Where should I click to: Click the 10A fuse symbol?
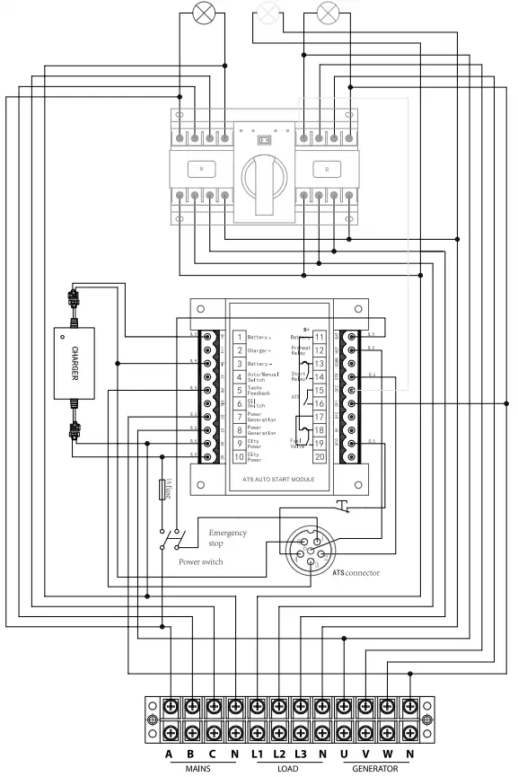(167, 490)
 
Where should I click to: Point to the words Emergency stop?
(227, 538)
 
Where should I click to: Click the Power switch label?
(200, 561)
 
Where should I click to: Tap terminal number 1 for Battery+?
(240, 337)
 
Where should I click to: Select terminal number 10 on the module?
(240, 457)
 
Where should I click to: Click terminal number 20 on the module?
(319, 456)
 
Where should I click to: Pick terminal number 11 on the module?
(319, 337)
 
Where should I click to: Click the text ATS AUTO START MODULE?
(277, 480)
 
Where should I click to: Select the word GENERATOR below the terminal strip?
(375, 769)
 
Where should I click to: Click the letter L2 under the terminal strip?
(278, 755)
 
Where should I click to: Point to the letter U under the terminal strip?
(342, 755)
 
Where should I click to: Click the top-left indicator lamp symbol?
(204, 13)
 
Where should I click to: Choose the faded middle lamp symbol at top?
(268, 13)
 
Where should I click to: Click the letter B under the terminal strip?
(190, 755)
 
